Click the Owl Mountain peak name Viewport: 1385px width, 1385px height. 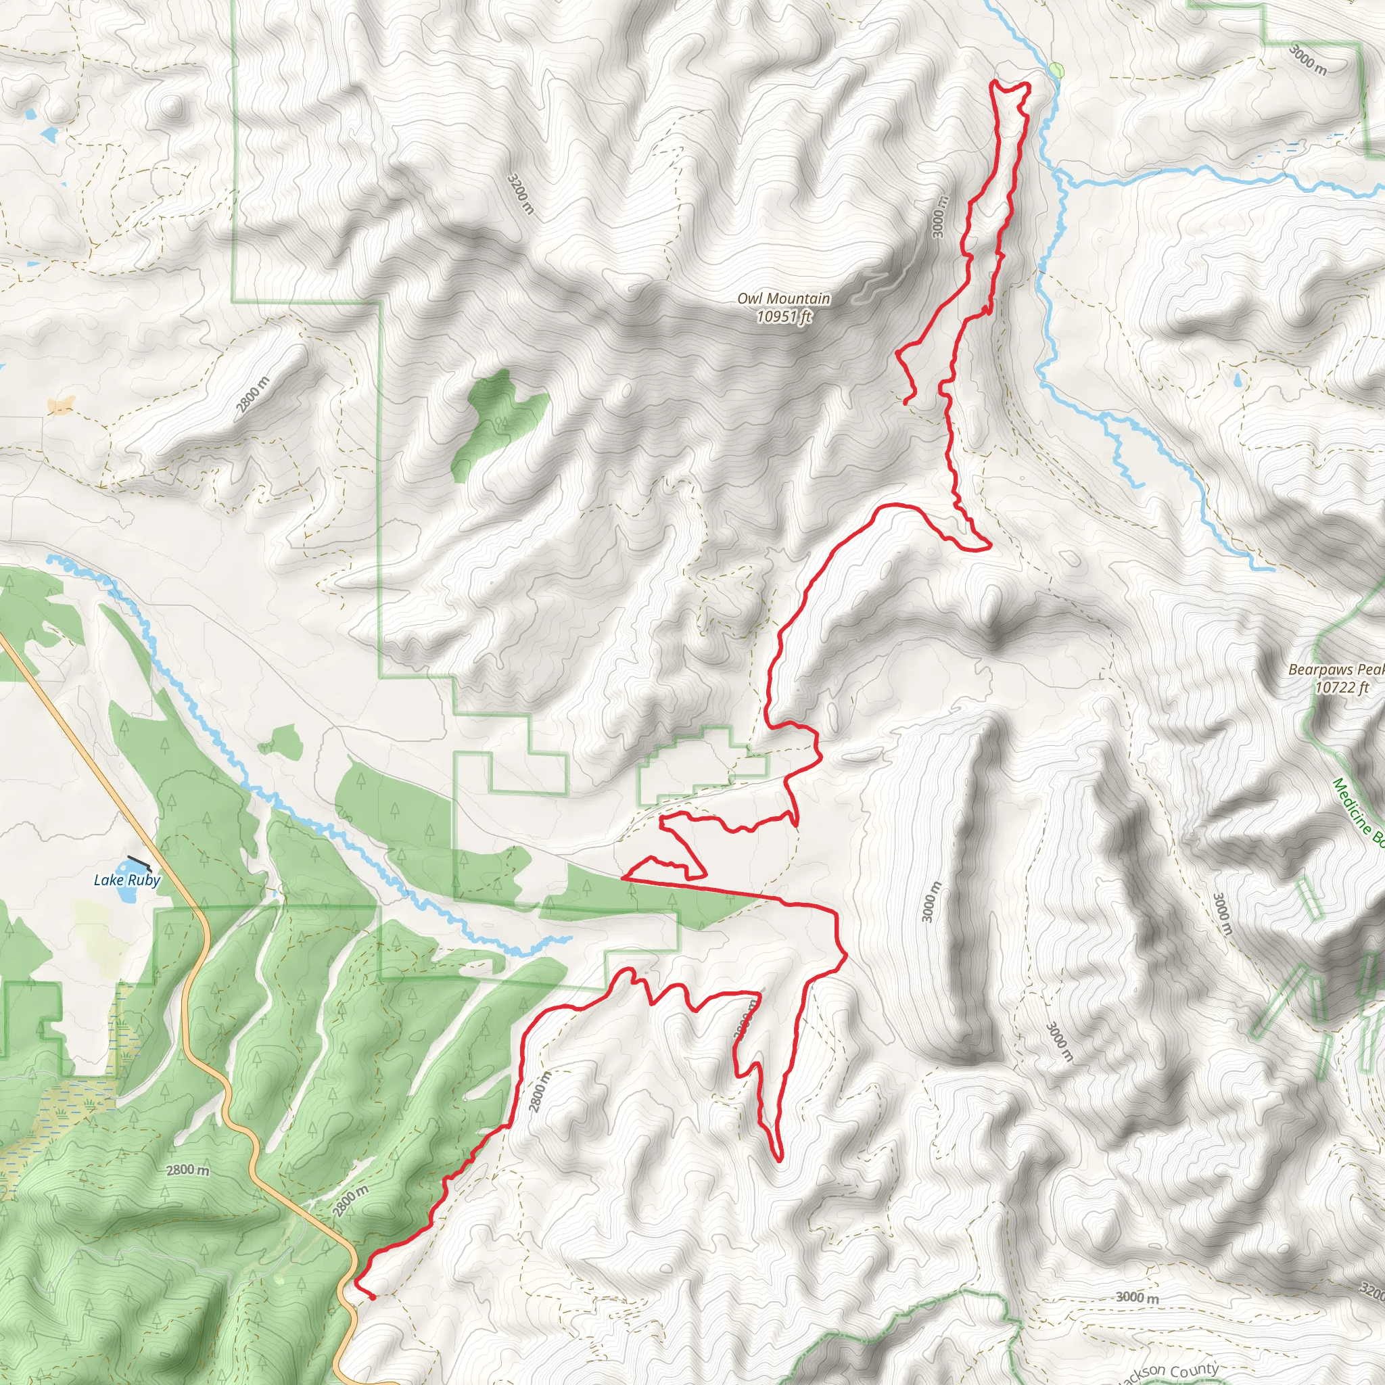click(784, 298)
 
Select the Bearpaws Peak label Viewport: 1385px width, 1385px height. click(1336, 670)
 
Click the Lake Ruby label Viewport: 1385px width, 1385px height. click(127, 880)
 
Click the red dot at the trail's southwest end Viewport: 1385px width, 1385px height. click(373, 1296)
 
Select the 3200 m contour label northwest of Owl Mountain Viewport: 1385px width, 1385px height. click(521, 193)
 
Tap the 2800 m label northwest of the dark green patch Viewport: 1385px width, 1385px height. click(253, 394)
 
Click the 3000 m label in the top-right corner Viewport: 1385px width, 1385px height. click(1308, 59)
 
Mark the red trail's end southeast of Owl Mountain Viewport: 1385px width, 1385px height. click(906, 403)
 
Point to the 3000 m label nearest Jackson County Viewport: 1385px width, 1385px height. click(1137, 1298)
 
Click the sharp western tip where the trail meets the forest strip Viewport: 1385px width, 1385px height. click(622, 876)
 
